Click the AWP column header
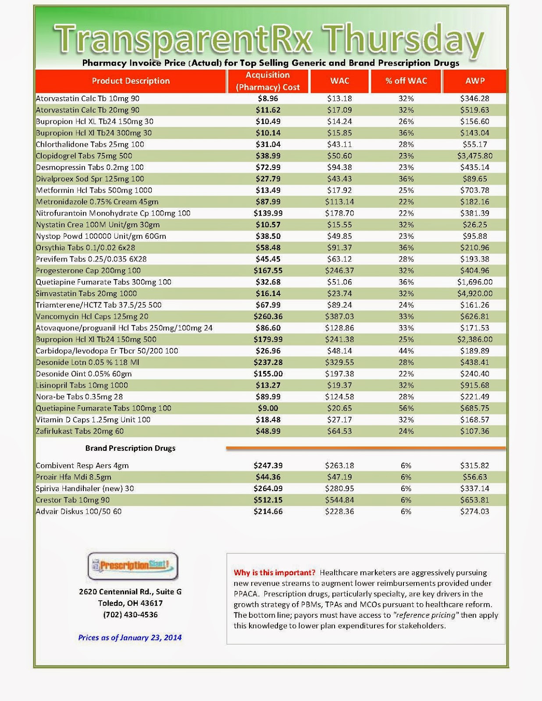point(475,81)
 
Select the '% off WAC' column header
point(406,81)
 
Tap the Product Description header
point(131,81)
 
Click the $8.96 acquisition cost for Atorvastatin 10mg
point(268,99)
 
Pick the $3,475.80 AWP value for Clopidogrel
point(475,156)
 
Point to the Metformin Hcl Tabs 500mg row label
point(94,190)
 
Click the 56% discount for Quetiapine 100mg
point(406,408)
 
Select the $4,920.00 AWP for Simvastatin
point(475,294)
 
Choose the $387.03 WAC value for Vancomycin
point(339,316)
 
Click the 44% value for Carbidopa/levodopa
point(406,351)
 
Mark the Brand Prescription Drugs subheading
point(130,448)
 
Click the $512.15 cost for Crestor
point(268,500)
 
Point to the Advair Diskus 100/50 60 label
point(79,511)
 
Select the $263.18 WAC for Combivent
point(339,466)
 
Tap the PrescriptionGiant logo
point(133,566)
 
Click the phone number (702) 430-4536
point(130,615)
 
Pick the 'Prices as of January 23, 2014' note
point(130,637)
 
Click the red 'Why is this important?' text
point(275,573)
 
